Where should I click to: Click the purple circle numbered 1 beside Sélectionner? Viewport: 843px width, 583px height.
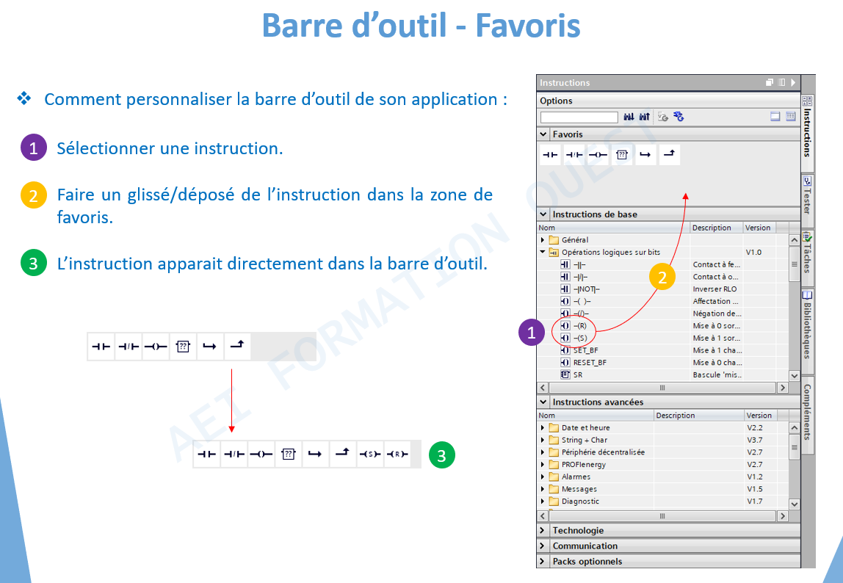[33, 148]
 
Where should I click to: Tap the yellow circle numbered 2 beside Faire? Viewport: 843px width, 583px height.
[33, 195]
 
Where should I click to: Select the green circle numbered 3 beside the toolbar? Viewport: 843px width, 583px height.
[442, 455]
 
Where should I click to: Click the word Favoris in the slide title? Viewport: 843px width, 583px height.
[527, 25]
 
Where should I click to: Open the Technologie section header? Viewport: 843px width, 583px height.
[578, 530]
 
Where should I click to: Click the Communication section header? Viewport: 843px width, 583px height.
[585, 546]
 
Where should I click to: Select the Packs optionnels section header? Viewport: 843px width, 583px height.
[587, 562]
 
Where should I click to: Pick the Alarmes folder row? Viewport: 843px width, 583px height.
[576, 477]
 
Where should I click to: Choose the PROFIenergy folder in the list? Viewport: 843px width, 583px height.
[583, 464]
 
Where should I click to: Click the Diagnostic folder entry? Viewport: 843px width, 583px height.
[580, 501]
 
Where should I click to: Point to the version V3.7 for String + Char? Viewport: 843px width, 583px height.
[754, 440]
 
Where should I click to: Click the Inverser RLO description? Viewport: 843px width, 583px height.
[714, 289]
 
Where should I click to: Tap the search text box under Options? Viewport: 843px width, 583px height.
[579, 117]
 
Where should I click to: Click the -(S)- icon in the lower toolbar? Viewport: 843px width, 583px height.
[370, 455]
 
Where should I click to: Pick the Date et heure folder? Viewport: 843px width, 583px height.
[585, 427]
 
